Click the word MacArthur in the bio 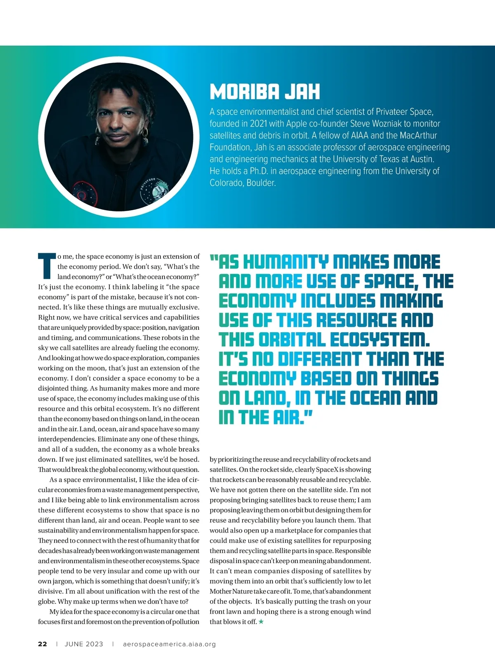tap(418, 136)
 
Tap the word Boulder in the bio tap(261, 183)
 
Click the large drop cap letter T tap(46, 266)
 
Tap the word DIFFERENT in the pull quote tap(319, 359)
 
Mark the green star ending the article tap(261, 622)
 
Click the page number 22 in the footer tap(42, 644)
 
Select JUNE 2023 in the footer tap(84, 644)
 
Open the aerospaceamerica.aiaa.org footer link tap(169, 644)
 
